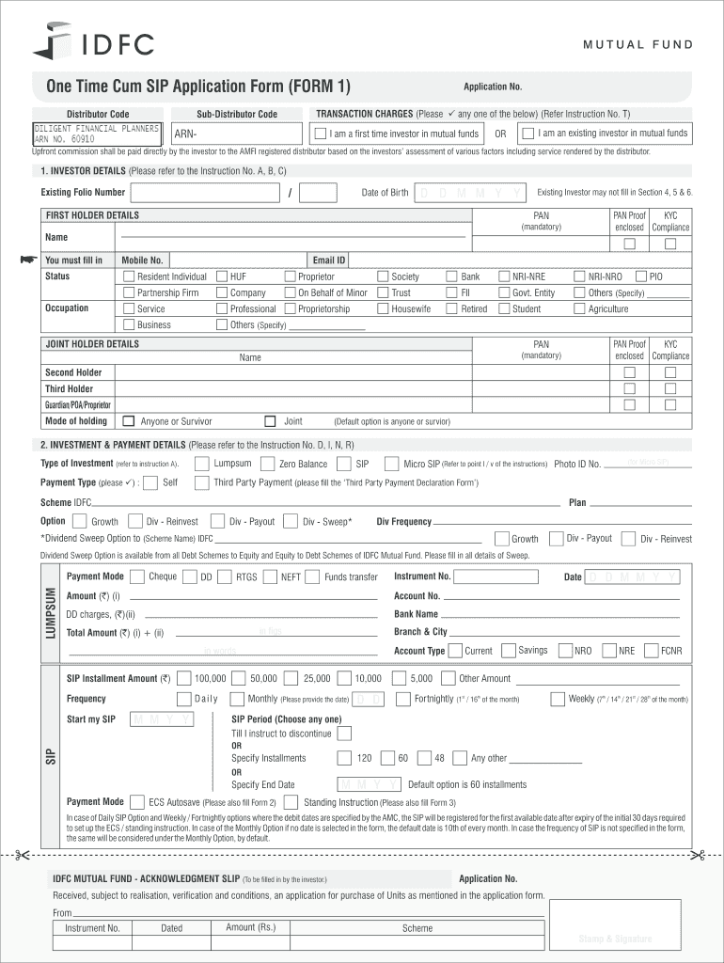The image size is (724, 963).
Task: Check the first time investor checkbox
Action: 322,134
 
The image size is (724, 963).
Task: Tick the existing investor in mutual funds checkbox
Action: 527,134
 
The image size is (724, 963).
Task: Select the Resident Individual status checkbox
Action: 129,277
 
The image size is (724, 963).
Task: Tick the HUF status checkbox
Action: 222,277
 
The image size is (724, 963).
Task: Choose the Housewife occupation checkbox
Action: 383,308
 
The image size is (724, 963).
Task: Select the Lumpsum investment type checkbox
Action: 201,464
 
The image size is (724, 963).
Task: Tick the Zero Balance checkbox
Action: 268,464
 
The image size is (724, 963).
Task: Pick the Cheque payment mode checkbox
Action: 138,576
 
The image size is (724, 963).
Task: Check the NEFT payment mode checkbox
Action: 272,576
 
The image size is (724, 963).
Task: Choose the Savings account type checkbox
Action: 509,650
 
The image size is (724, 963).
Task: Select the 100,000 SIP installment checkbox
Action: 184,678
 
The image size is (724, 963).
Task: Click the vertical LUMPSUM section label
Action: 50,614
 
